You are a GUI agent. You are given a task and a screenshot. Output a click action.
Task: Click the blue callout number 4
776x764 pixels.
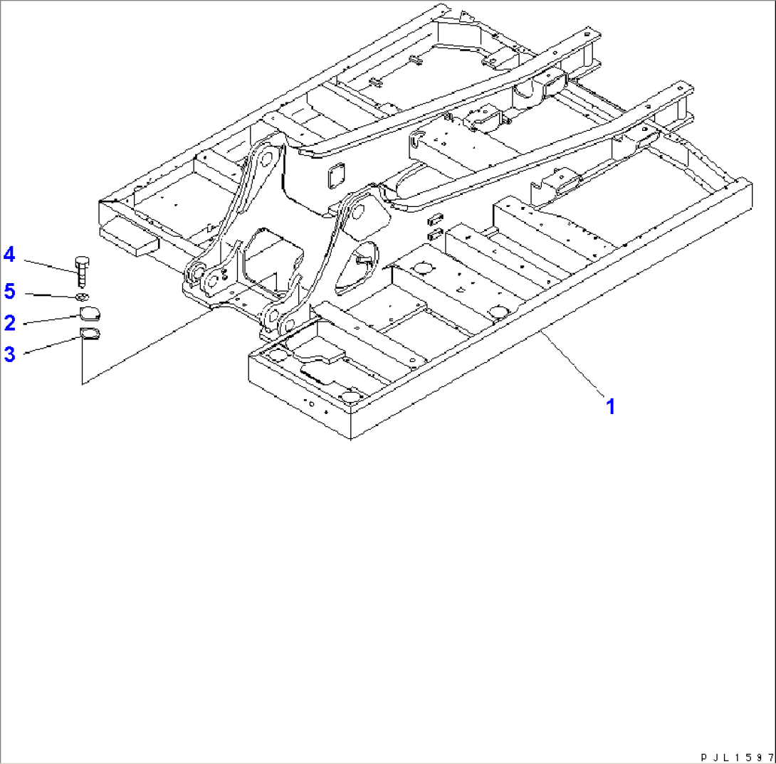coord(9,254)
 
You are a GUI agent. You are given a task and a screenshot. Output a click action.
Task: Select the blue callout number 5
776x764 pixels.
coord(9,291)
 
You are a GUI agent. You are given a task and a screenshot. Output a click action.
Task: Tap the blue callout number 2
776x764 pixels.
coord(9,323)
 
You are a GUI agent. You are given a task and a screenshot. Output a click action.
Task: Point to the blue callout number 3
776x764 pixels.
coord(9,354)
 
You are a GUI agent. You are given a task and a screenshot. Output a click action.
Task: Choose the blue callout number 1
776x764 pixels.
coord(610,406)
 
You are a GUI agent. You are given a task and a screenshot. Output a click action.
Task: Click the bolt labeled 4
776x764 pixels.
coord(80,271)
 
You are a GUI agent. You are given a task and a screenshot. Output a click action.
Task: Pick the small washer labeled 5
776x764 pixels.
coord(82,296)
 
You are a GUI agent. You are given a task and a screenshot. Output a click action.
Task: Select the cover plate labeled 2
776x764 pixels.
coord(90,314)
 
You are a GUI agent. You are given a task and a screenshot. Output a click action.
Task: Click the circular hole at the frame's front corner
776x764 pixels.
coord(350,396)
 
